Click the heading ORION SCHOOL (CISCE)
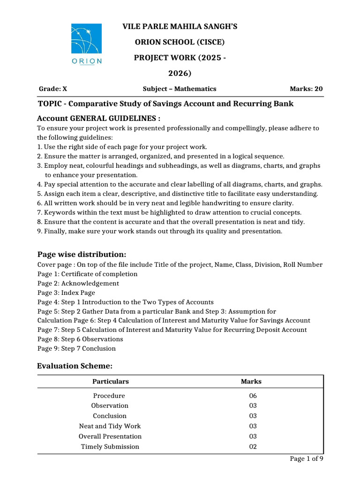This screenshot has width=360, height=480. pyautogui.click(x=180, y=42)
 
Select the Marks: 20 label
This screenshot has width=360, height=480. pyautogui.click(x=306, y=89)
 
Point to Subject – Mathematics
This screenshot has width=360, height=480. pyautogui.click(x=180, y=89)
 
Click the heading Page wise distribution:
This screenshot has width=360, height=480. pyautogui.click(x=82, y=254)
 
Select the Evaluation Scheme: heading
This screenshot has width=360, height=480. pyautogui.click(x=75, y=366)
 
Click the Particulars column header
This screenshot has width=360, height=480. pyautogui.click(x=110, y=382)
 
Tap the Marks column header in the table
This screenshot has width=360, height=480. pyautogui.click(x=251, y=382)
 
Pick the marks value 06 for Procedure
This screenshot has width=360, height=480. pyautogui.click(x=254, y=396)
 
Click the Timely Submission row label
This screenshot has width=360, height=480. pyautogui.click(x=110, y=447)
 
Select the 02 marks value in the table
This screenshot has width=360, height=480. pyautogui.click(x=254, y=447)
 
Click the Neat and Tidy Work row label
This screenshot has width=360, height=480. pyautogui.click(x=110, y=426)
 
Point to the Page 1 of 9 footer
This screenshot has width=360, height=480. pyautogui.click(x=307, y=459)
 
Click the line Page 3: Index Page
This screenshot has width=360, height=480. pyautogui.click(x=66, y=292)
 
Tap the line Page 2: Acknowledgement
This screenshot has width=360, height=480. pyautogui.click(x=78, y=283)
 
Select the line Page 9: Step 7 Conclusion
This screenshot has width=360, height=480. pyautogui.click(x=76, y=349)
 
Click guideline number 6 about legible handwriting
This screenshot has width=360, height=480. pyautogui.click(x=165, y=203)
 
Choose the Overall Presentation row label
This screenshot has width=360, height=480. pyautogui.click(x=110, y=436)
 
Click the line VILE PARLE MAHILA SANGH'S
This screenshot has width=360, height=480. pyautogui.click(x=180, y=27)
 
